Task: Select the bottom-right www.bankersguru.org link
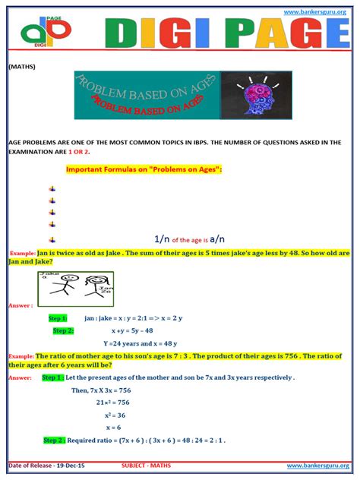coord(317,465)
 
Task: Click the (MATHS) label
coord(22,66)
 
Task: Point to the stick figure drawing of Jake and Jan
coord(74,289)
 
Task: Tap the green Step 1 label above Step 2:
coord(58,318)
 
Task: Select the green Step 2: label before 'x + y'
coord(63,331)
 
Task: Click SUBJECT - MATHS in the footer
coord(152,465)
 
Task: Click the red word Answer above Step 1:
coord(20,305)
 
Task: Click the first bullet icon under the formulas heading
coord(52,188)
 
